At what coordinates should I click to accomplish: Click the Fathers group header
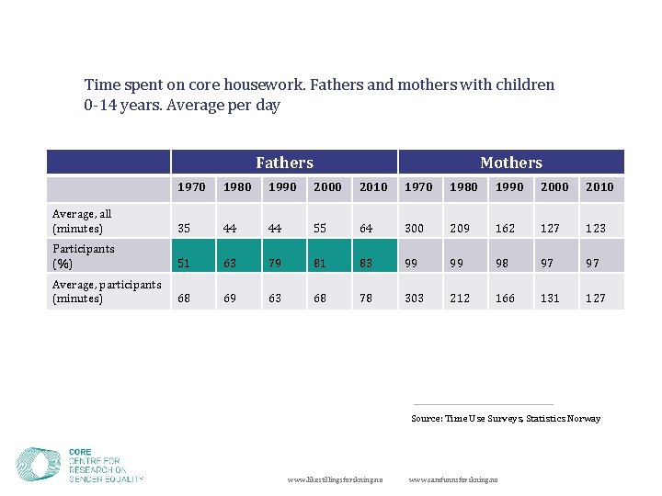284,163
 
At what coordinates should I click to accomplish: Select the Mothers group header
510,163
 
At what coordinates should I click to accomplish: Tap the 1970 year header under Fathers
191,186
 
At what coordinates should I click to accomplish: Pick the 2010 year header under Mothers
599,186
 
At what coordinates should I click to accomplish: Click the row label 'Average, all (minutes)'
82,221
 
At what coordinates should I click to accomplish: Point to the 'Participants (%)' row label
84,256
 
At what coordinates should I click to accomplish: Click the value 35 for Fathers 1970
184,229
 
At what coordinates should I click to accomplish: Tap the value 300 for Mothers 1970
415,229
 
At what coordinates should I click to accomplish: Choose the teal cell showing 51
185,263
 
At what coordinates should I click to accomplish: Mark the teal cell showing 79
275,263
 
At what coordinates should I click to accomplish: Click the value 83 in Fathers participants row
366,263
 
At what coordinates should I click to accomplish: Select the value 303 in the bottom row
415,298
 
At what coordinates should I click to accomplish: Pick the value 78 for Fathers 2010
366,298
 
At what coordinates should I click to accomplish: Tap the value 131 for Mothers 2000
550,298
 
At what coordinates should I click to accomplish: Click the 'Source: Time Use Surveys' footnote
505,419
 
